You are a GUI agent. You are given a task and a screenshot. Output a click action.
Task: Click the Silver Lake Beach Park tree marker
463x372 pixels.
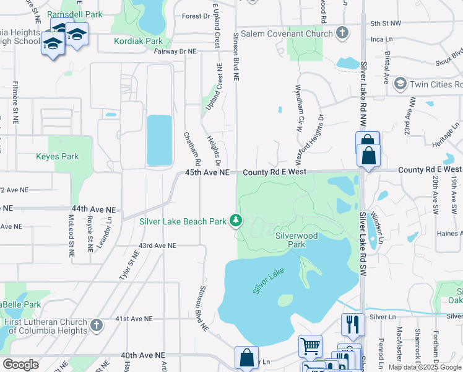pos(236,221)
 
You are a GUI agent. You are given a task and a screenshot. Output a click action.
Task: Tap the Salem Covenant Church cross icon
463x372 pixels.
pos(342,33)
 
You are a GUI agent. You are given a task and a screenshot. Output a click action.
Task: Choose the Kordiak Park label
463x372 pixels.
pos(139,42)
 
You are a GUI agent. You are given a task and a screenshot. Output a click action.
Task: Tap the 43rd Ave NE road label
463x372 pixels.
pos(158,246)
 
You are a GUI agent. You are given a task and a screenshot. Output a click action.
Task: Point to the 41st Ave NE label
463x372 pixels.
pos(134,319)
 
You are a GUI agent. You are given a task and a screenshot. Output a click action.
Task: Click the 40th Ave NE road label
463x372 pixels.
pos(144,355)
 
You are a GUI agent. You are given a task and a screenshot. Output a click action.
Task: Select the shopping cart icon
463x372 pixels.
pos(309,345)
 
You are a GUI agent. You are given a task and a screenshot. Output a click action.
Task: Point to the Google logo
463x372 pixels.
pos(20,365)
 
